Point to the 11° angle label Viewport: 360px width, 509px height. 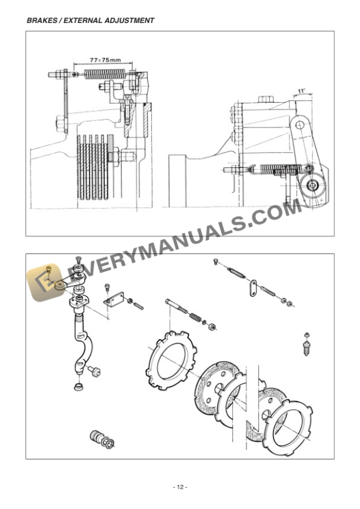coord(302,92)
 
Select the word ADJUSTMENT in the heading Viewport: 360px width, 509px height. coord(130,21)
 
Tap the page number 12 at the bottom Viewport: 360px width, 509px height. coord(179,487)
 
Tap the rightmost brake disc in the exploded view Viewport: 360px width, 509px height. coord(289,428)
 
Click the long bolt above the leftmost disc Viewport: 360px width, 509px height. coord(176,307)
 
